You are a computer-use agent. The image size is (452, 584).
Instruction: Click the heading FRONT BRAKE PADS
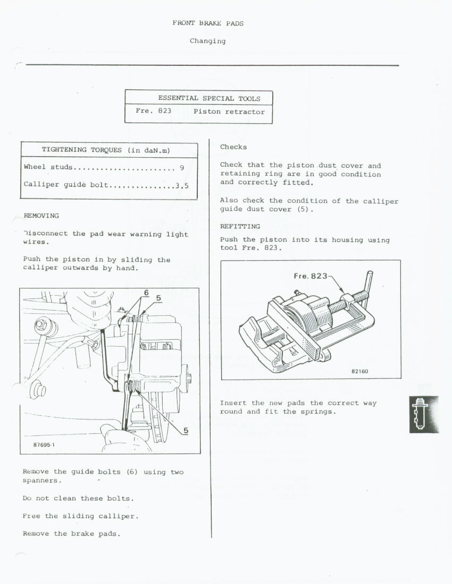click(x=208, y=23)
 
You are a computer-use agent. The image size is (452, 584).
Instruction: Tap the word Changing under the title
click(x=207, y=41)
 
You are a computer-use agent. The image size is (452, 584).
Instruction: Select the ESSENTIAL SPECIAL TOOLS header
click(x=209, y=98)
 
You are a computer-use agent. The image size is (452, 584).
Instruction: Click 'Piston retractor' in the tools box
click(x=229, y=112)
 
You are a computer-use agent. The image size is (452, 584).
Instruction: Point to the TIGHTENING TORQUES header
click(x=105, y=150)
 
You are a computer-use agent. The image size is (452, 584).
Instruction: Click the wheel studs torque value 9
click(x=182, y=168)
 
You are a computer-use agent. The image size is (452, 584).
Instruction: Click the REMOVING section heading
click(x=41, y=216)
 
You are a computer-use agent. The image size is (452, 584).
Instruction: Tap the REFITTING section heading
click(x=240, y=227)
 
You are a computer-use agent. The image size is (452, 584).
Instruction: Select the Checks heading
click(x=233, y=147)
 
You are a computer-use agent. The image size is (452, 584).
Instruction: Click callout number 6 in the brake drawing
click(x=146, y=293)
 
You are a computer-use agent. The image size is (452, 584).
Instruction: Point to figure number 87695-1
click(x=40, y=445)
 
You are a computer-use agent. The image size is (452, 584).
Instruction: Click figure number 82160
click(x=359, y=371)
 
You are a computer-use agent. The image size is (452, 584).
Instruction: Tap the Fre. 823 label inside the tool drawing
click(x=311, y=276)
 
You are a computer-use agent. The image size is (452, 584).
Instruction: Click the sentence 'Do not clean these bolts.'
click(x=78, y=499)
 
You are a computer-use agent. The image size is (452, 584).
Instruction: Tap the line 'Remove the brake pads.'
click(x=72, y=534)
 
